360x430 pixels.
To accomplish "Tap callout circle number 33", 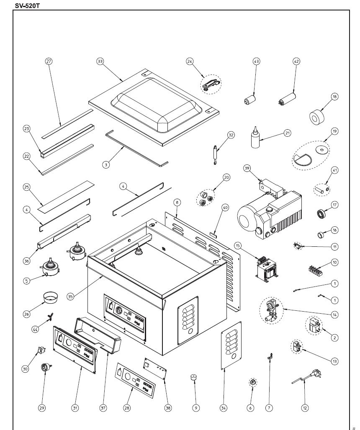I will (x=100, y=61).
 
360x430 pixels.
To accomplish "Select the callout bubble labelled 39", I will (x=247, y=168).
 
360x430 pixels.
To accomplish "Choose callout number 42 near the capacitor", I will (x=296, y=61).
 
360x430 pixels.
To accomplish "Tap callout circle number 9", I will (x=195, y=407).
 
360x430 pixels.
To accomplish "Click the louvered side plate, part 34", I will (x=231, y=345).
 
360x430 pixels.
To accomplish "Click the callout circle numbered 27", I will (x=49, y=61).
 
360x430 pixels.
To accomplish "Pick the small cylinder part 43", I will (x=250, y=101).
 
